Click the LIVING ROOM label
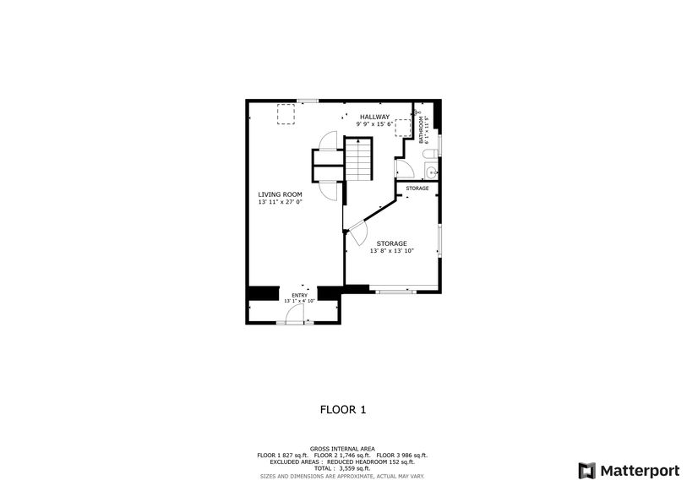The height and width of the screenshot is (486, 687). pos(280,194)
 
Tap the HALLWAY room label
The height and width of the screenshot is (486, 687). pos(374,117)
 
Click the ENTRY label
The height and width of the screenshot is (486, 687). pos(300,295)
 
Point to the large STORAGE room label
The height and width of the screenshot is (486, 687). pos(391,243)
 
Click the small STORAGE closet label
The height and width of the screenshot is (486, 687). pos(417,188)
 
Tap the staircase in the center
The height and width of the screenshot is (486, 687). pos(358,160)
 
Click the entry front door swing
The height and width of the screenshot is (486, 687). pos(294,315)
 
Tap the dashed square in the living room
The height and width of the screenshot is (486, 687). pos(287,113)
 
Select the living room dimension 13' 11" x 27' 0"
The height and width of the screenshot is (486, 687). pos(280,202)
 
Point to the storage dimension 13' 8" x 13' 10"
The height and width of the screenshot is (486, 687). pos(391,251)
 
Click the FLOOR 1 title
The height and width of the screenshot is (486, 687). pos(342,410)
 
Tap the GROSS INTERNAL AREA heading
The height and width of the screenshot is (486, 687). pos(342,449)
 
